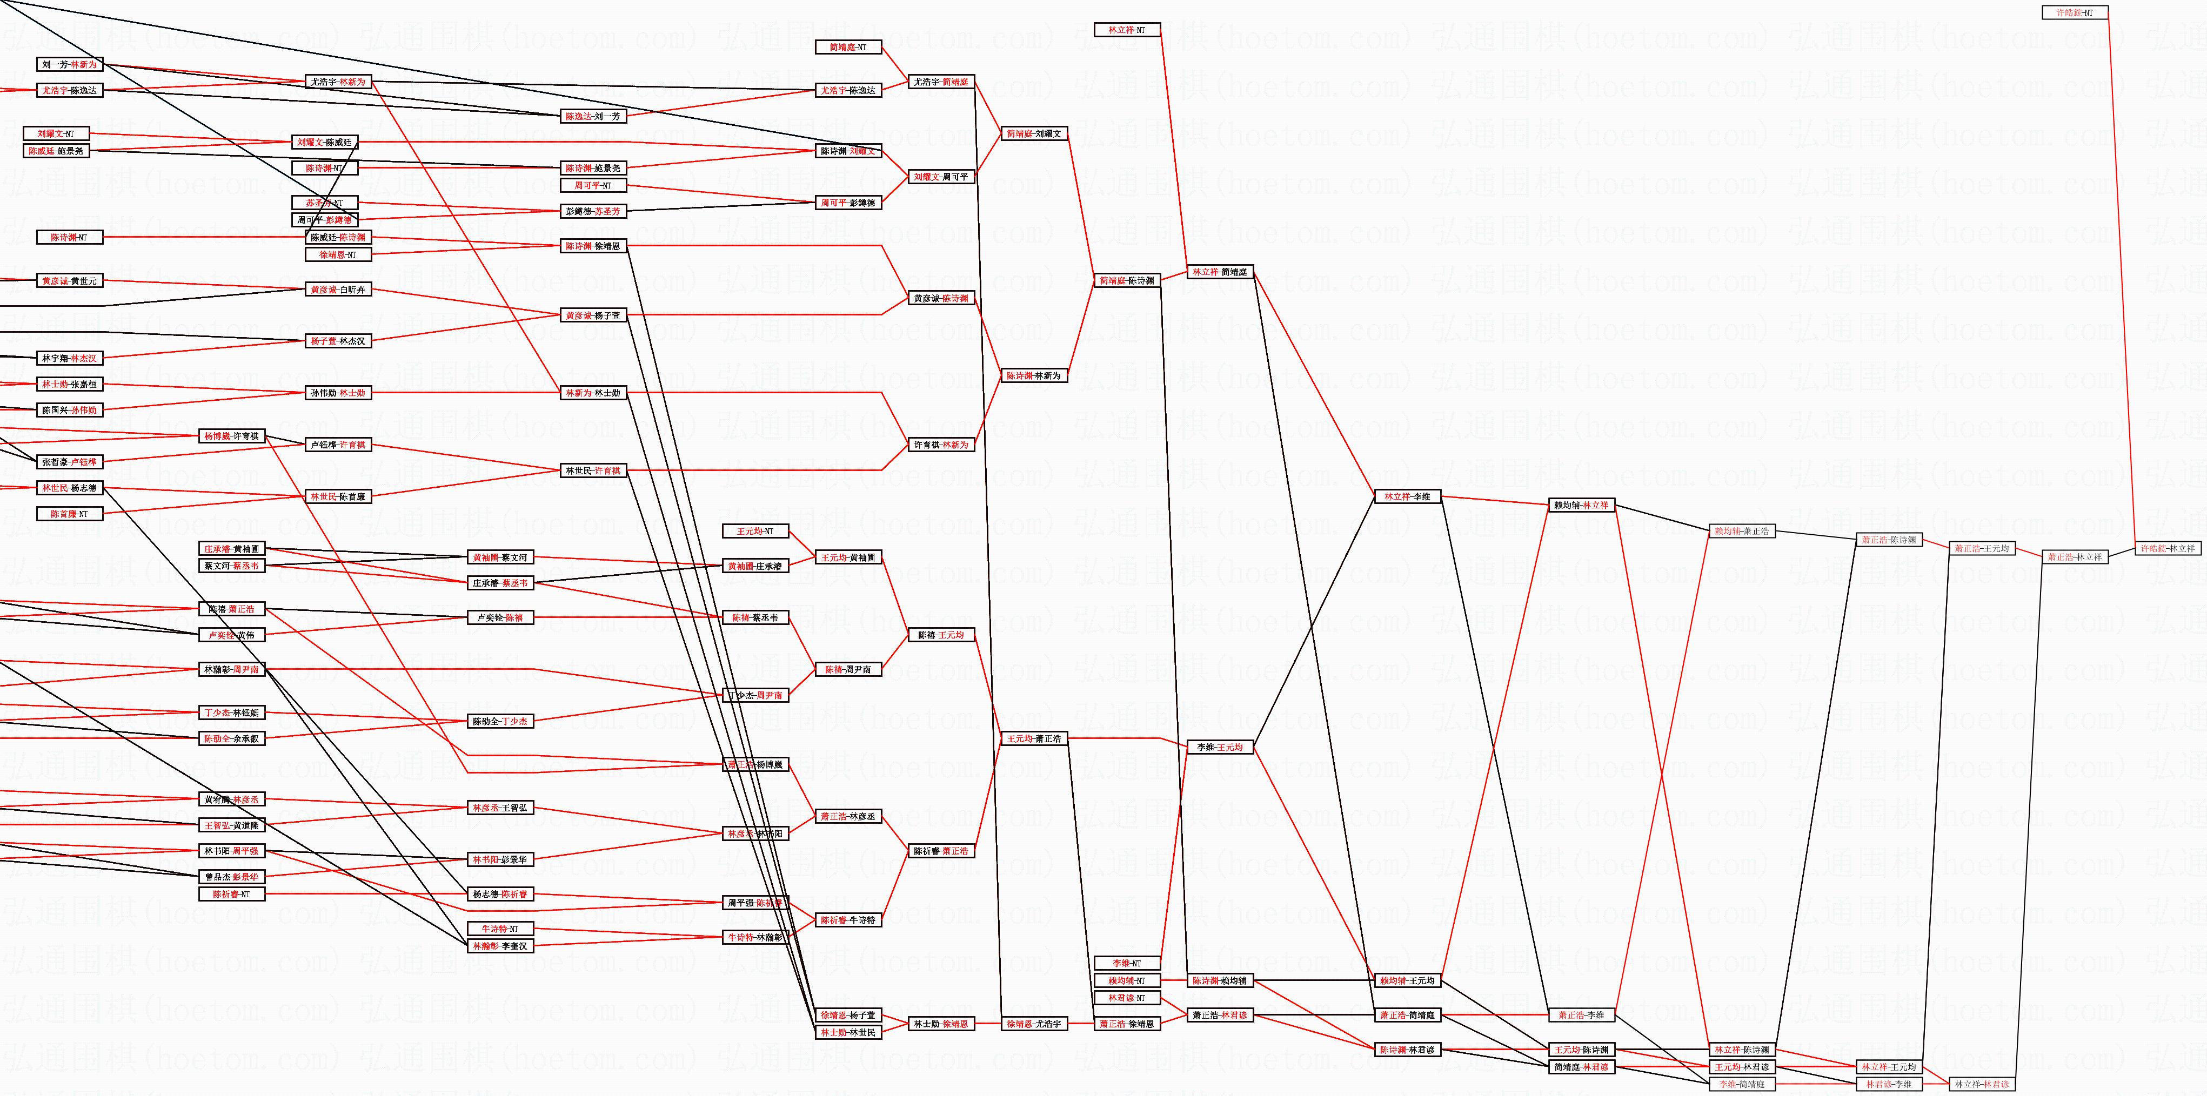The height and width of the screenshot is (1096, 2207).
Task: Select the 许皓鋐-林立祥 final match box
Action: coord(2168,548)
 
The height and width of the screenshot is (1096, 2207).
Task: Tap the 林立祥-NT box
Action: coord(1127,30)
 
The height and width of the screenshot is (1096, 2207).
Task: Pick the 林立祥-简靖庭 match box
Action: coord(1220,272)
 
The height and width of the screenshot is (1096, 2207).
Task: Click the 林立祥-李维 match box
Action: coord(1407,496)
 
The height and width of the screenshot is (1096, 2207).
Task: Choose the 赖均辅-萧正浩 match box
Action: coord(1741,531)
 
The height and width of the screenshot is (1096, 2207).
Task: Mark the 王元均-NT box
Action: coord(755,531)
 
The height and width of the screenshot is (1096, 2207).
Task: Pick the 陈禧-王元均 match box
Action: coord(941,635)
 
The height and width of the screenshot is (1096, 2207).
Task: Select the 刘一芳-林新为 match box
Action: coord(69,64)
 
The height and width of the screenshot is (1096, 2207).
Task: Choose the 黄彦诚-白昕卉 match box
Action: coord(338,290)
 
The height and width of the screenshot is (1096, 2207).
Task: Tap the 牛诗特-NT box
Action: coord(499,928)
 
